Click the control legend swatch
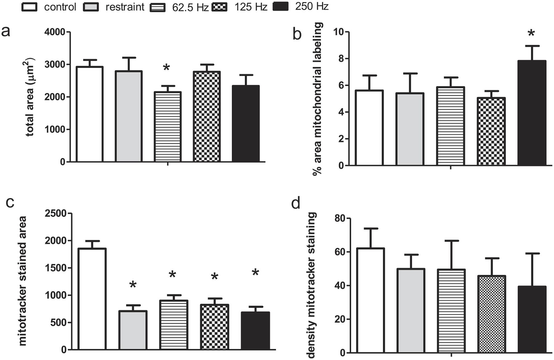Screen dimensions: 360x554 tap(29, 7)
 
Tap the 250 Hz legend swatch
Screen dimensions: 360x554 tap(280, 6)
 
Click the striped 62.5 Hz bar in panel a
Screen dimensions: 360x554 tap(167, 127)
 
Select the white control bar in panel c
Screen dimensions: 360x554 tap(92, 298)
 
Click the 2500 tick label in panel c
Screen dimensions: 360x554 tap(56, 213)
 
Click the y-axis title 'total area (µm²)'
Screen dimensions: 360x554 tap(30, 97)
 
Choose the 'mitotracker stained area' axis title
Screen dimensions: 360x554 tap(22, 281)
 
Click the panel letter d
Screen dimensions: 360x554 tap(296, 203)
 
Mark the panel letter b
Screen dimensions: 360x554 tap(297, 34)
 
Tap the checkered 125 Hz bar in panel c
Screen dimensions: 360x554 tap(214, 327)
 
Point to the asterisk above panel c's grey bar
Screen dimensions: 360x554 tap(133, 285)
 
